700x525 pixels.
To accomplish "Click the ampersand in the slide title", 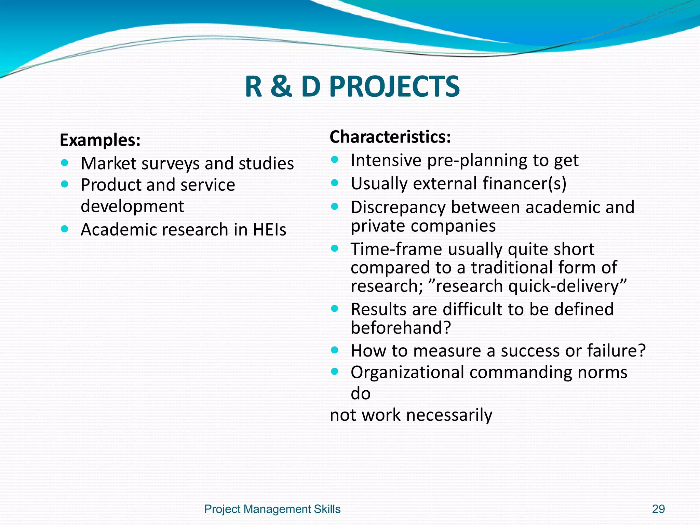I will (x=281, y=87).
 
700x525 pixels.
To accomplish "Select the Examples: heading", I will (x=100, y=140).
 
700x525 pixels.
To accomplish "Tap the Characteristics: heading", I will (x=390, y=137).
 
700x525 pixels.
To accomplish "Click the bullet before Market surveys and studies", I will (x=65, y=162).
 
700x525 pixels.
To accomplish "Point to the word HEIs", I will (x=269, y=229).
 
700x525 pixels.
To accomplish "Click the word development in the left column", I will (x=132, y=206).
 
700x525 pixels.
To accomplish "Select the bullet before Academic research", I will (x=65, y=228).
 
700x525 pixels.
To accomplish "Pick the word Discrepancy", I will (x=398, y=207).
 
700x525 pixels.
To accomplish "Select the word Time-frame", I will (x=396, y=249).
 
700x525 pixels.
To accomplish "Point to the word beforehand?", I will (x=401, y=328).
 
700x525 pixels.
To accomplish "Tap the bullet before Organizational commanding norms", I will (x=335, y=371).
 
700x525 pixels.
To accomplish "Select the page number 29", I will (x=658, y=509).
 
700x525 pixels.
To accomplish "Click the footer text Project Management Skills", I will (x=272, y=509).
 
